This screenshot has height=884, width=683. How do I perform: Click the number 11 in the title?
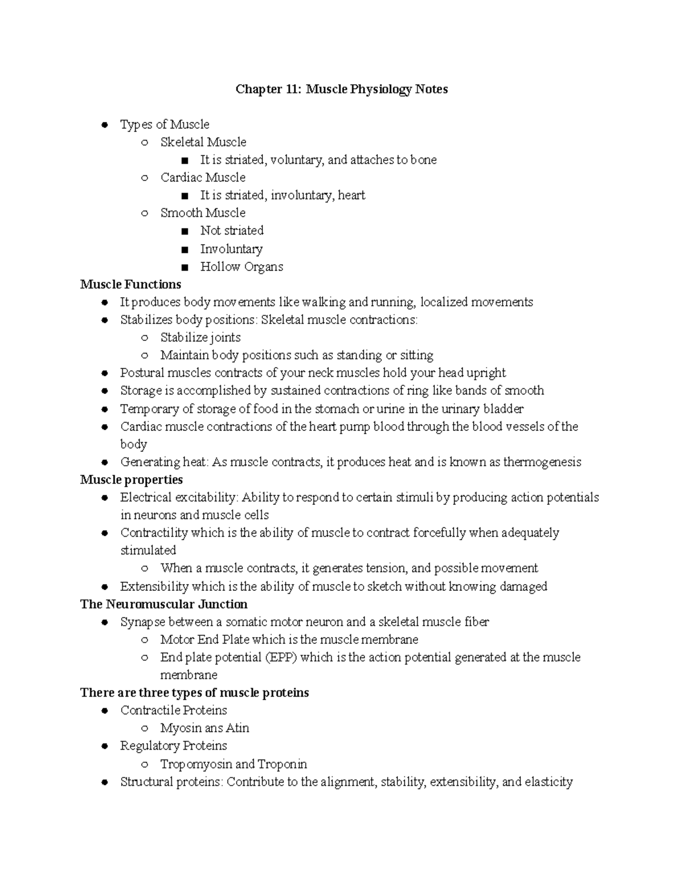point(293,89)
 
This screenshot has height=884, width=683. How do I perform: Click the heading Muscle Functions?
point(130,284)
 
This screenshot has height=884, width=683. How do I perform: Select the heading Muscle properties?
point(131,479)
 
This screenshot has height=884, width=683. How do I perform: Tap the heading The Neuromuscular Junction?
point(164,604)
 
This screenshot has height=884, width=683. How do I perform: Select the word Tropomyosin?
point(196,764)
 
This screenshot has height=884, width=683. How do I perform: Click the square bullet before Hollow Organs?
point(184,267)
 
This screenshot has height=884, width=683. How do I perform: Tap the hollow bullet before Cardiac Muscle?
point(145,178)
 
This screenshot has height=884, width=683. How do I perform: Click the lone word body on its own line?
point(133,444)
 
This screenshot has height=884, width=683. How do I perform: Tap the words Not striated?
point(232,231)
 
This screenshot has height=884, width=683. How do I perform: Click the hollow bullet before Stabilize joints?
point(145,338)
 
